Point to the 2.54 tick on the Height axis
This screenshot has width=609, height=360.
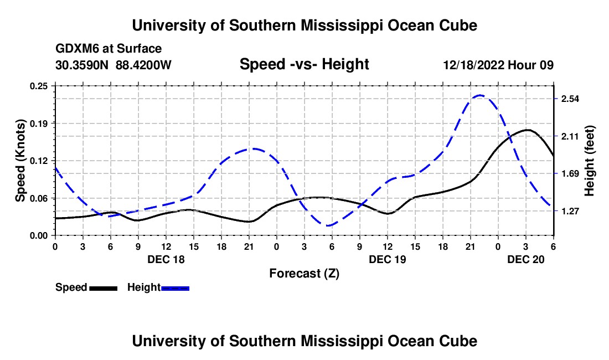(x=570, y=99)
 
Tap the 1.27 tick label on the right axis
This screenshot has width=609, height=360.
(x=570, y=211)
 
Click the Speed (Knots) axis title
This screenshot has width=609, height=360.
(x=20, y=161)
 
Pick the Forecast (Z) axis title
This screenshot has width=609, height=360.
(x=304, y=273)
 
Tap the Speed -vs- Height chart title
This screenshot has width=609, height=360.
(x=304, y=65)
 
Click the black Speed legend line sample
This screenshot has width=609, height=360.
(x=103, y=288)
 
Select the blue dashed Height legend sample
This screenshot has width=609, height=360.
(x=176, y=288)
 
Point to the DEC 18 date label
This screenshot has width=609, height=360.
(x=166, y=259)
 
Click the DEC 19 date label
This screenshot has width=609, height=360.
(x=388, y=259)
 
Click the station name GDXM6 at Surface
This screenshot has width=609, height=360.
(x=109, y=49)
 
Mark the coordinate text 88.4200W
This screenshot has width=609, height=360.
(x=143, y=65)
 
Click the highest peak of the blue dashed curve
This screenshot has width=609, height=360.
(x=479, y=95)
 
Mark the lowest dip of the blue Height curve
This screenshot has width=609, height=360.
(x=329, y=225)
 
